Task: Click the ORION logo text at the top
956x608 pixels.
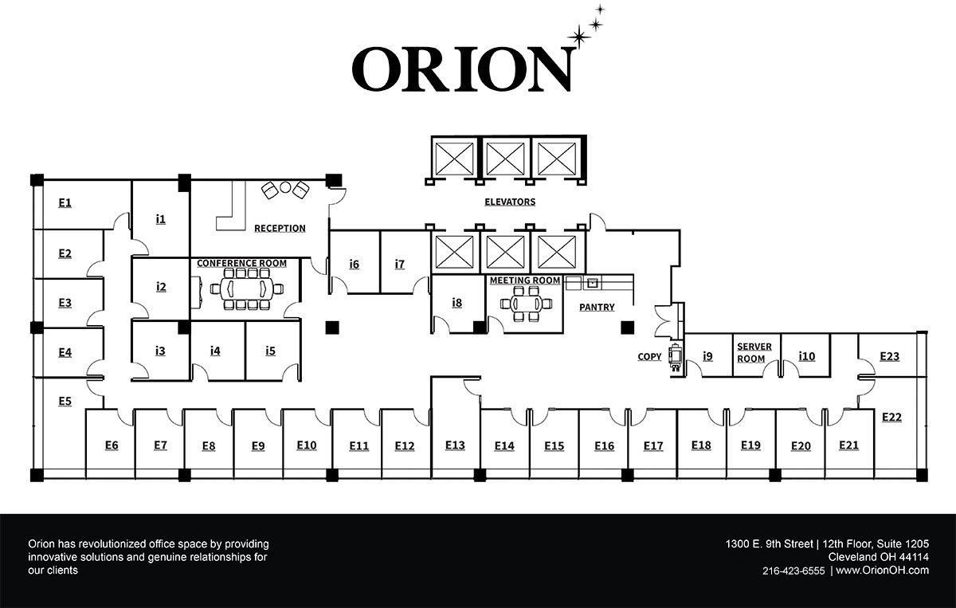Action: tap(462, 69)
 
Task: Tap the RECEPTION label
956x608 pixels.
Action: tap(280, 229)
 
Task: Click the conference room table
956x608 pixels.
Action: tap(246, 288)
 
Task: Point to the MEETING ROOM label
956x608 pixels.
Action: tap(525, 280)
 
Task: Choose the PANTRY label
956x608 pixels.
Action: tap(597, 307)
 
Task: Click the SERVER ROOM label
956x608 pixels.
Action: tap(754, 353)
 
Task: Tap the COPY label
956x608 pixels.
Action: tap(649, 357)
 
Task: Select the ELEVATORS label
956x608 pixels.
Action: tap(510, 202)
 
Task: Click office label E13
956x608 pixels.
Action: tap(455, 445)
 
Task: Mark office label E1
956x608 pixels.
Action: tap(65, 203)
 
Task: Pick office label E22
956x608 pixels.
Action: tap(891, 417)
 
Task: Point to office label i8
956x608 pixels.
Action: tap(456, 303)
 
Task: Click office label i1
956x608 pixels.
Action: tap(160, 218)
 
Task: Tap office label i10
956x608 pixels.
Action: tap(806, 356)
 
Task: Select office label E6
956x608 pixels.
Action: tap(112, 445)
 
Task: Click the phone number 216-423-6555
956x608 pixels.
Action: tap(793, 571)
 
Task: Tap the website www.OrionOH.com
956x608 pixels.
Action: tap(883, 571)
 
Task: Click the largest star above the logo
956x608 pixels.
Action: tap(579, 35)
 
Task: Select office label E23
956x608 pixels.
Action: tap(889, 356)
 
